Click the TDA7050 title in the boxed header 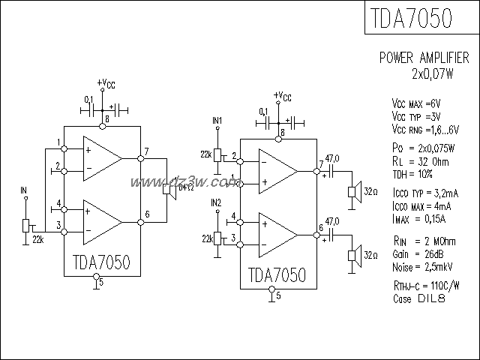click(x=411, y=19)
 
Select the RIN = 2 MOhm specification click(x=424, y=241)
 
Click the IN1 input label click(x=217, y=120)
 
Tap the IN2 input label click(x=217, y=202)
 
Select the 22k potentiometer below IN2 click(x=217, y=238)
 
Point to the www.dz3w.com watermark click(x=184, y=182)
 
